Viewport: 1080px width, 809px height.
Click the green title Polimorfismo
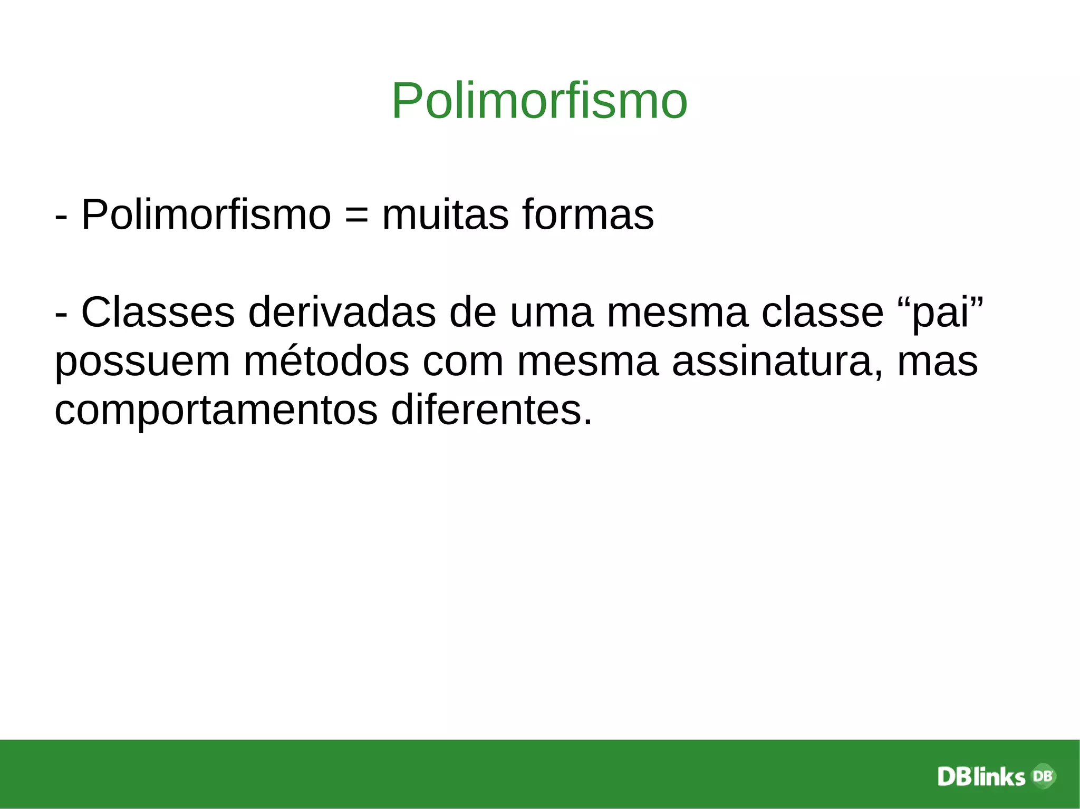click(539, 101)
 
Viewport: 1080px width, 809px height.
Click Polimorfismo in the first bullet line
click(206, 215)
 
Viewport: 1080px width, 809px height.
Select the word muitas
click(446, 215)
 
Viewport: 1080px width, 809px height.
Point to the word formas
click(588, 215)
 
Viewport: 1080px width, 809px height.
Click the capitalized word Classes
click(158, 313)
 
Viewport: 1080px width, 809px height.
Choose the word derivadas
click(342, 313)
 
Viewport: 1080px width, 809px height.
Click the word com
click(463, 363)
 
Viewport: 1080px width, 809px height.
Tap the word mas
click(937, 363)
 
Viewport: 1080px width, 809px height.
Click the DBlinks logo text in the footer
click(981, 777)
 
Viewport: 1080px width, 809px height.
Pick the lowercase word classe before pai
click(822, 313)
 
